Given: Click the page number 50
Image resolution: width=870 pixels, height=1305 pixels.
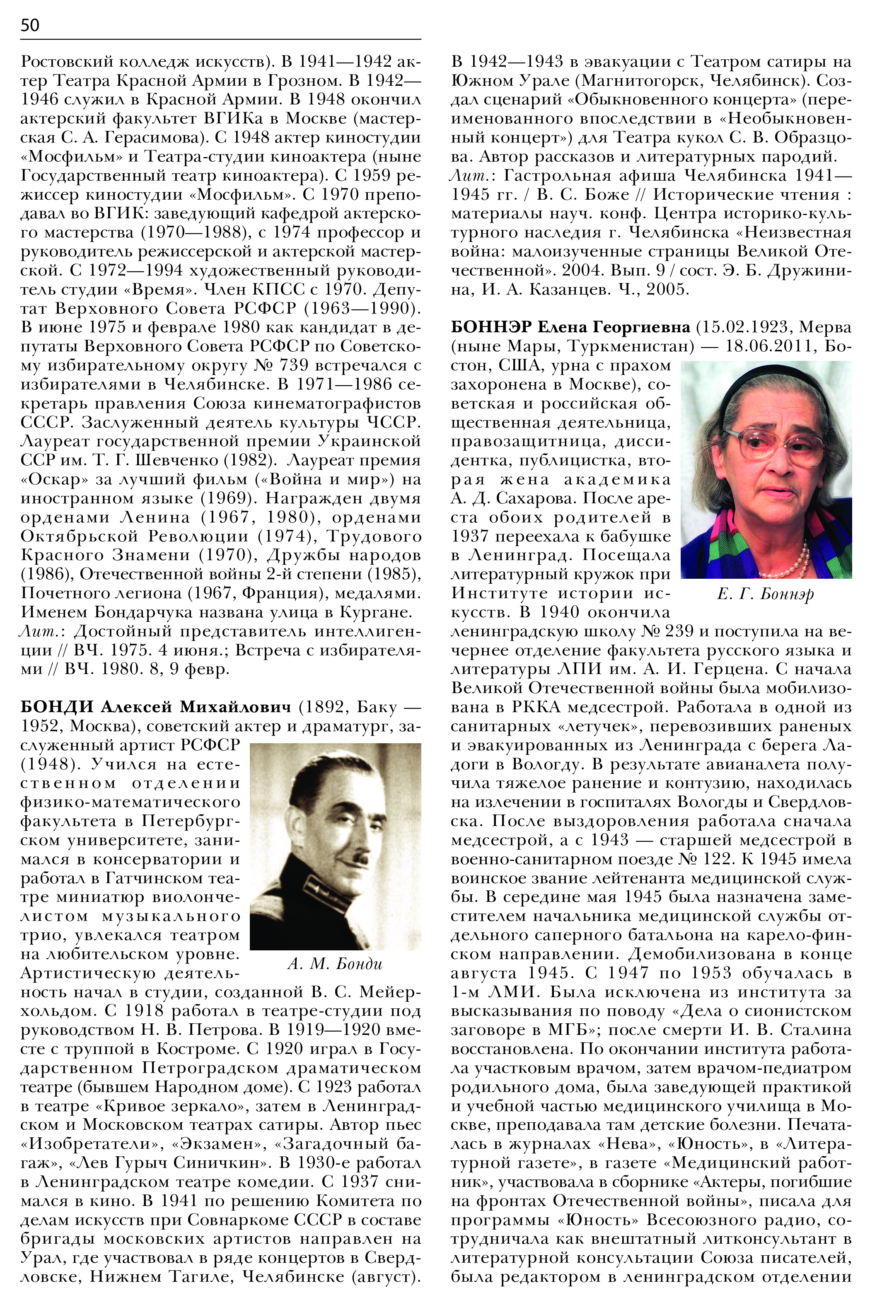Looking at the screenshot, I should [x=30, y=25].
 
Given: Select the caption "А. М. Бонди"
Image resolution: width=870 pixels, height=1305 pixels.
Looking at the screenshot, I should [x=335, y=963].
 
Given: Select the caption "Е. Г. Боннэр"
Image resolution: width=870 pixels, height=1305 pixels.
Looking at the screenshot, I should [x=765, y=594].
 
